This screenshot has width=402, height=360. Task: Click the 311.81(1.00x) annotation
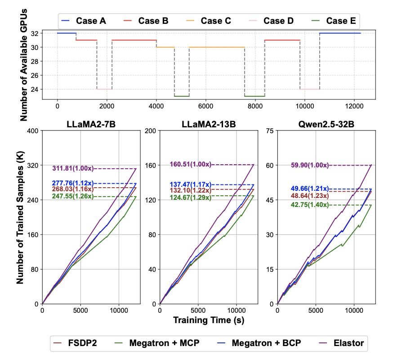[x=73, y=168]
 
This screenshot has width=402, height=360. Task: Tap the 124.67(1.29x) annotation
[x=191, y=196]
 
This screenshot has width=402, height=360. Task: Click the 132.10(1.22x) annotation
[x=191, y=190]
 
